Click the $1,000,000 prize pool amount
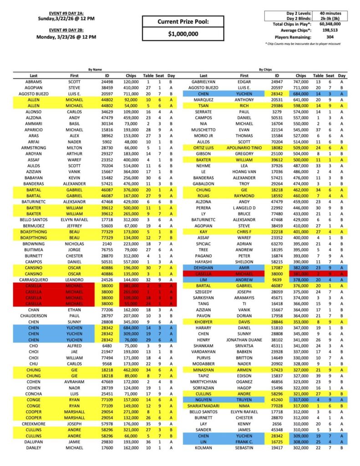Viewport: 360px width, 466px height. pos(183,34)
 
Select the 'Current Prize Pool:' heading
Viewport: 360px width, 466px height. pos(183,21)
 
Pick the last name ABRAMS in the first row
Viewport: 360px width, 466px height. pos(34,81)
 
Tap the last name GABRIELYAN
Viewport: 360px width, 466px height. pos(203,81)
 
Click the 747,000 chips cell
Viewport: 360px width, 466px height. pos(300,81)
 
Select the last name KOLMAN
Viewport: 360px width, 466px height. pos(203,447)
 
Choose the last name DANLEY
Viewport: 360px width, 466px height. pos(34,447)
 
